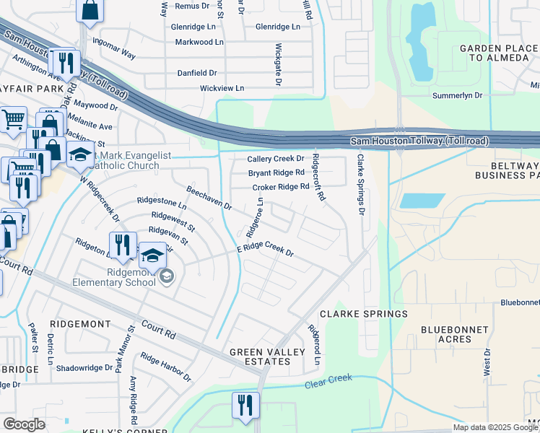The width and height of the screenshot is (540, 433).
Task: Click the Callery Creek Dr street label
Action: (276, 159)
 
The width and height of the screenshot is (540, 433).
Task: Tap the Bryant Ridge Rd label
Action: (276, 173)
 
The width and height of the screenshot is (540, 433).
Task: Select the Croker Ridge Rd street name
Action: (281, 188)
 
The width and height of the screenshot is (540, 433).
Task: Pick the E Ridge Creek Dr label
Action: (266, 251)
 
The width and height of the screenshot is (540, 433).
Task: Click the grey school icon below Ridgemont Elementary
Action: (167, 276)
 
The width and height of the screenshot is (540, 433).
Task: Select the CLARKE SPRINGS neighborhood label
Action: (364, 314)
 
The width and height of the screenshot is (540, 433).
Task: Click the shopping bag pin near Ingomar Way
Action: (90, 11)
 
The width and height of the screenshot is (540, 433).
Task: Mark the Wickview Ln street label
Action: (222, 88)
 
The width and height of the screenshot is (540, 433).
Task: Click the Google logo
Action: (24, 424)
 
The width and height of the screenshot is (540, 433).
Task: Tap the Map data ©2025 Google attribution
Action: (495, 427)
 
